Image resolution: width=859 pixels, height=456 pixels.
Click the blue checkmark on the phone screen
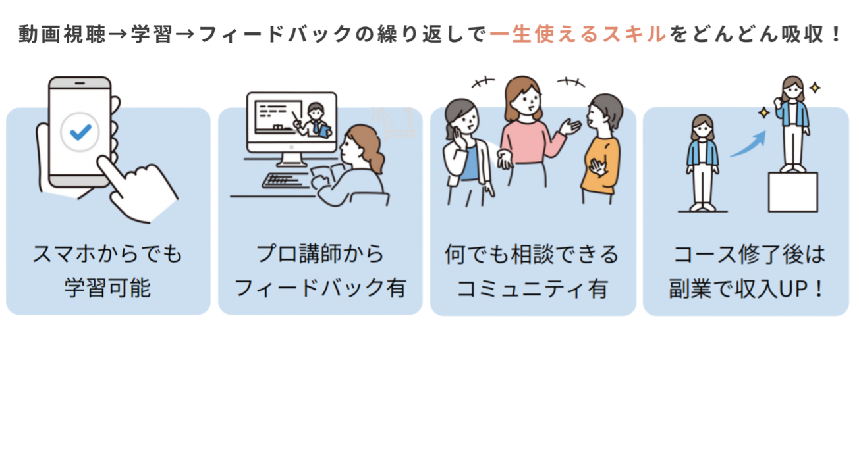(x=80, y=132)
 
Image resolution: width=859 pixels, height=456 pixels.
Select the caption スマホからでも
(x=107, y=254)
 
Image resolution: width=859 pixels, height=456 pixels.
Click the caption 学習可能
(x=107, y=288)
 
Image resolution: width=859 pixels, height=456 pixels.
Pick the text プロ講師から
(x=320, y=254)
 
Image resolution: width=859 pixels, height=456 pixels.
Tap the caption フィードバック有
(x=320, y=288)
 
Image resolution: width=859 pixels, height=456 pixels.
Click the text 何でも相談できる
(x=532, y=254)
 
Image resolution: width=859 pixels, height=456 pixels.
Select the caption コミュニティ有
(x=532, y=288)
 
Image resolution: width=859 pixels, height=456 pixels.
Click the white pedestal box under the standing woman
(x=792, y=191)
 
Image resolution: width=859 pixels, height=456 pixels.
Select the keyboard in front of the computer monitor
(x=285, y=180)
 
